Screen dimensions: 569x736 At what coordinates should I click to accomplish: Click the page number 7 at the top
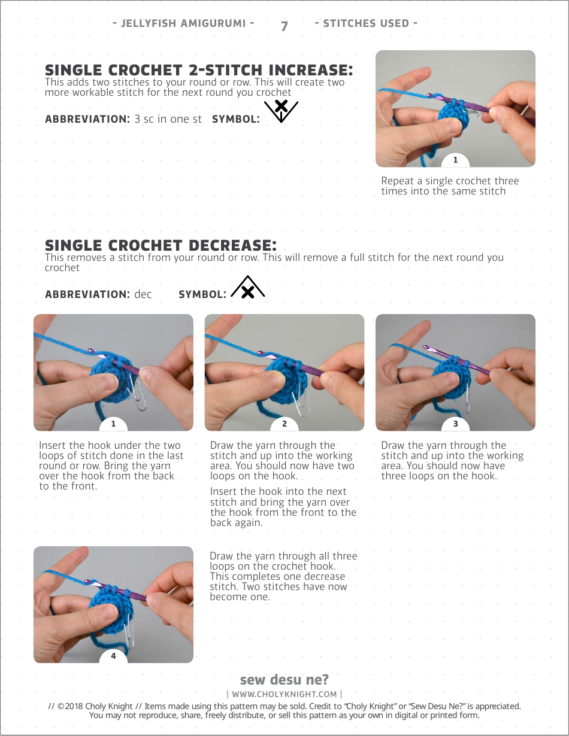click(x=284, y=26)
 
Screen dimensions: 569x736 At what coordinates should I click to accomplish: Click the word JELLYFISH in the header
click(x=149, y=23)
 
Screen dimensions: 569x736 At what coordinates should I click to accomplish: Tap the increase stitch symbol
click(x=282, y=111)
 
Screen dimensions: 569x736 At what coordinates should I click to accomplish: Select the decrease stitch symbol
click(x=248, y=287)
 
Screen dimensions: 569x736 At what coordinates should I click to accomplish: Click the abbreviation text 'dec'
click(x=143, y=294)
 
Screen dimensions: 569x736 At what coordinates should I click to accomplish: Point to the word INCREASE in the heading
click(x=311, y=70)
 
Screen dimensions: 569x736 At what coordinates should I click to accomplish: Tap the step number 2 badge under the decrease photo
click(x=284, y=424)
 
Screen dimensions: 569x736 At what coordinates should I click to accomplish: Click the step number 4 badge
click(x=114, y=656)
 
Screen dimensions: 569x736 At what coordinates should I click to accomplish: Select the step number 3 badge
click(x=455, y=424)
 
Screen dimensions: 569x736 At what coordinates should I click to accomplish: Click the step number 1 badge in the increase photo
click(x=455, y=160)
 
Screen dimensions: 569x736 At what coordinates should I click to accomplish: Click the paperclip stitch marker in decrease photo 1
click(x=137, y=393)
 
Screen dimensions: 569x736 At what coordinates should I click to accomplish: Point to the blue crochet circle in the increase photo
click(x=453, y=115)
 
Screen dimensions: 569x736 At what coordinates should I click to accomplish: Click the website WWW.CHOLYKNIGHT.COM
click(x=284, y=694)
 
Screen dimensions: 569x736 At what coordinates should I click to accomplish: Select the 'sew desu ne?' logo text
click(x=284, y=679)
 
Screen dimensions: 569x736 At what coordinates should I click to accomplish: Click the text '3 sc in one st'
click(x=168, y=119)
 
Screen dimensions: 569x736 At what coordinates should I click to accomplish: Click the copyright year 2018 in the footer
click(x=74, y=707)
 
